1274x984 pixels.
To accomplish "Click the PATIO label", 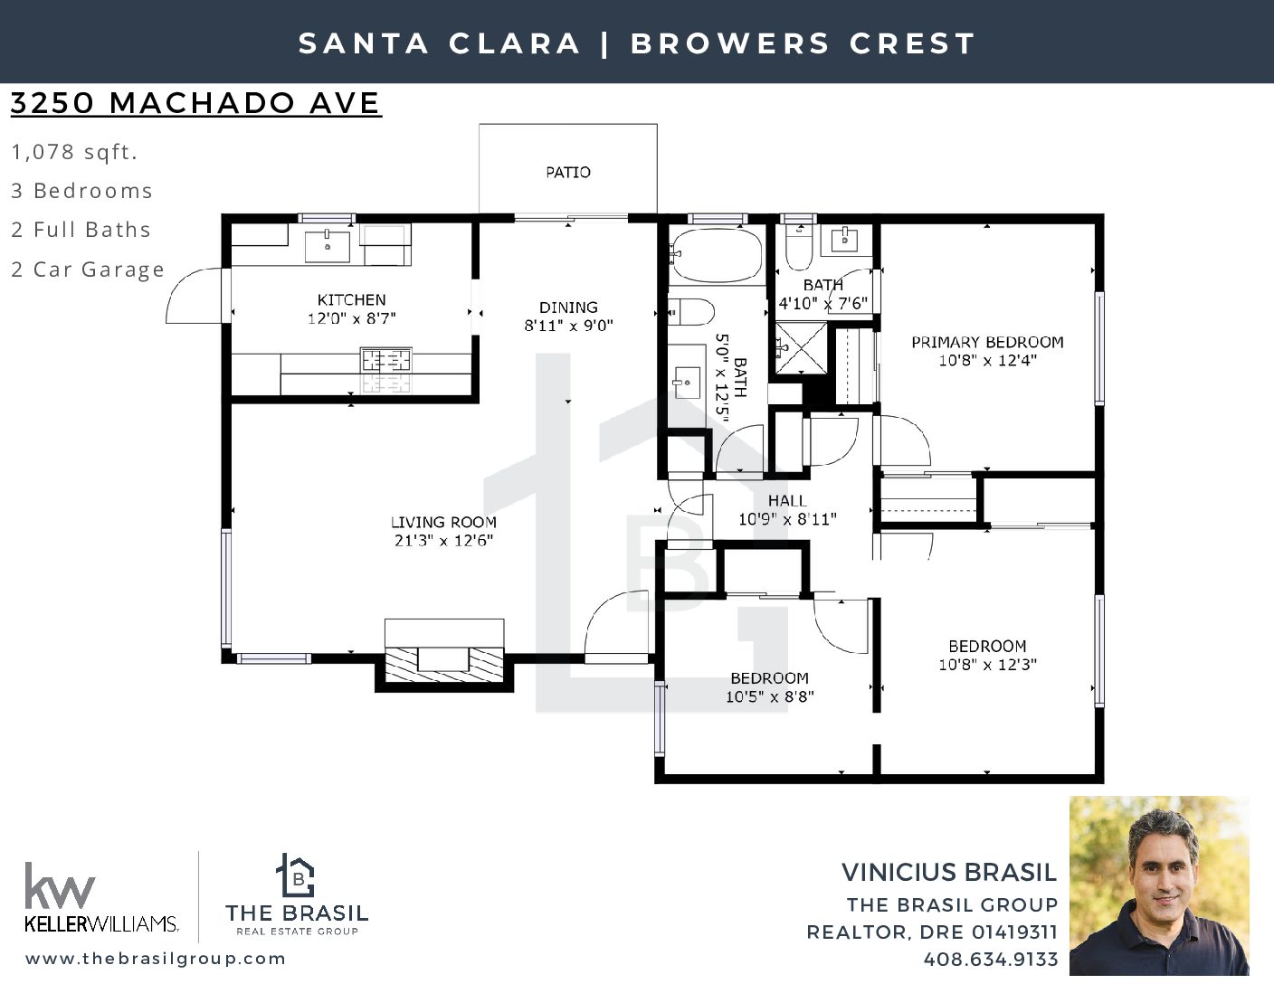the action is pyautogui.click(x=567, y=173).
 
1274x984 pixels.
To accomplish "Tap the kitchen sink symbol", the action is pyautogui.click(x=328, y=247).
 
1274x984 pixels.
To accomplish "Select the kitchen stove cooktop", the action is pyautogui.click(x=385, y=369).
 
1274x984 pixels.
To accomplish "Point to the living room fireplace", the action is pyautogui.click(x=443, y=655).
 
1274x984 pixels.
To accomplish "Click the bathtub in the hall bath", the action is pyautogui.click(x=717, y=256).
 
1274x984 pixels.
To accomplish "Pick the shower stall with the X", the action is pyautogui.click(x=801, y=347).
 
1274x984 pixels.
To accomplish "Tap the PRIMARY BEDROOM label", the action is pyautogui.click(x=987, y=342).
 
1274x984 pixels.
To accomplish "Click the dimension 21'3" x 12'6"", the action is pyautogui.click(x=443, y=540).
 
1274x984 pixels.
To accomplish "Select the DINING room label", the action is pyautogui.click(x=568, y=307).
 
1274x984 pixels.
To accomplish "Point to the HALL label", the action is pyautogui.click(x=787, y=500).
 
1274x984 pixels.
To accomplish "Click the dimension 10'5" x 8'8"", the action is pyautogui.click(x=770, y=696).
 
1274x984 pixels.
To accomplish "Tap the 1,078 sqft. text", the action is pyautogui.click(x=74, y=152).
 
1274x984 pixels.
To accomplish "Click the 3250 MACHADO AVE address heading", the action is pyautogui.click(x=195, y=103).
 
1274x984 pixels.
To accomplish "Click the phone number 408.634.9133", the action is pyautogui.click(x=990, y=960).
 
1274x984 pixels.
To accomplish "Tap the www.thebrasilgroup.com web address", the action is pyautogui.click(x=156, y=959).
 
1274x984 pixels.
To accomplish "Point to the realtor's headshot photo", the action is pyautogui.click(x=1159, y=885).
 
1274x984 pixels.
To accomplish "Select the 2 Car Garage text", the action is pyautogui.click(x=88, y=270).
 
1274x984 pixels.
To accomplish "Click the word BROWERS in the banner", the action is pyautogui.click(x=730, y=43).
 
